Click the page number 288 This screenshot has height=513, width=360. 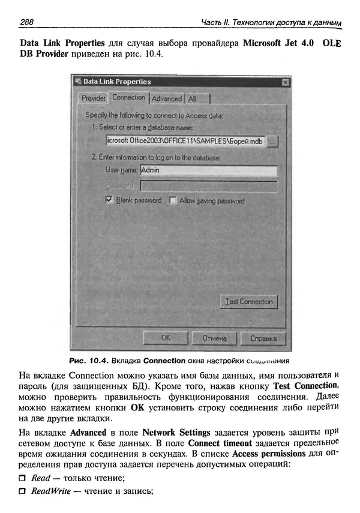coord(26,22)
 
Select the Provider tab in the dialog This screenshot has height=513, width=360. coord(94,98)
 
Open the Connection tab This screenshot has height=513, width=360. coord(128,97)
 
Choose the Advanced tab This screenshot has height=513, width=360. coord(166,98)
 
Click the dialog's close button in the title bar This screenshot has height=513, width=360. coord(286,82)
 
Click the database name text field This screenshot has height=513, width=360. coord(185,142)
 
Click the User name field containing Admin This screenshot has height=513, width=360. coord(208,170)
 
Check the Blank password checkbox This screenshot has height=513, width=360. coord(109,200)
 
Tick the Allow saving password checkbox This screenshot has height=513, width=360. coord(173,200)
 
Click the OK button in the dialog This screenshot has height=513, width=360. coord(166,338)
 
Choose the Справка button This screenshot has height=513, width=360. coord(263,338)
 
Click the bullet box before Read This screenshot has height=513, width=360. coord(23,478)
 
